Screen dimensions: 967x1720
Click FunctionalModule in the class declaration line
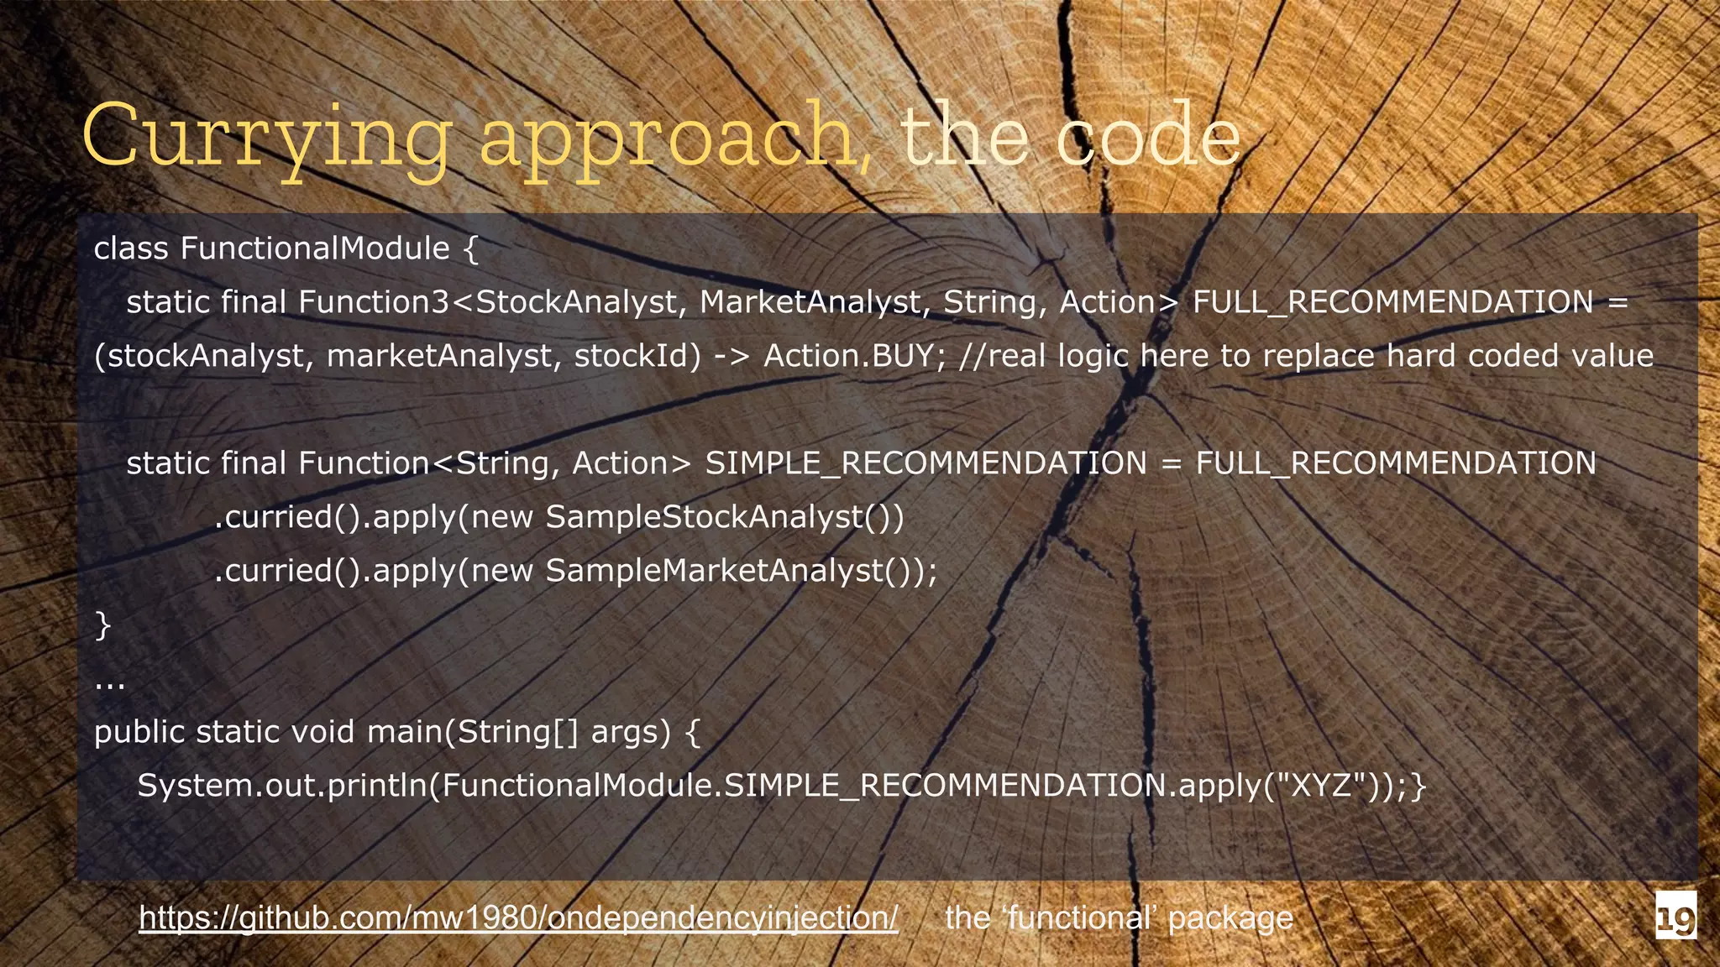coord(315,248)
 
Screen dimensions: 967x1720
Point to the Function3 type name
coord(374,302)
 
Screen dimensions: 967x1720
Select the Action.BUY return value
coord(848,356)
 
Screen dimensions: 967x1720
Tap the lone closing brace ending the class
coord(102,625)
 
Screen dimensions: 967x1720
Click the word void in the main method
coord(322,732)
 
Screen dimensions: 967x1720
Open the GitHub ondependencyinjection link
coord(518,917)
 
